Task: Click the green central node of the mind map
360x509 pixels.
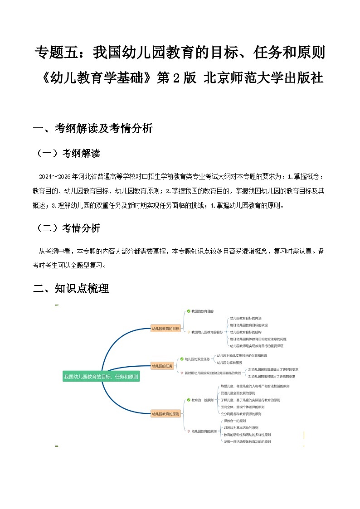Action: point(101,376)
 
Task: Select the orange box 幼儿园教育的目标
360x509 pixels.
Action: point(165,328)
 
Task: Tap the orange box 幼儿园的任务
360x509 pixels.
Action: point(162,365)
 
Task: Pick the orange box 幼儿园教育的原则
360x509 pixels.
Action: point(165,414)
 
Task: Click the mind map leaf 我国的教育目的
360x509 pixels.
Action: point(202,311)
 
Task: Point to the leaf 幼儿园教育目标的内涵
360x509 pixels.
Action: point(246,318)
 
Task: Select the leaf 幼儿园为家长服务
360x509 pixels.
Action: point(229,363)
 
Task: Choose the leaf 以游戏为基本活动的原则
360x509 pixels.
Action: point(241,428)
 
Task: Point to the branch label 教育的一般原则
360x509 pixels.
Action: point(202,400)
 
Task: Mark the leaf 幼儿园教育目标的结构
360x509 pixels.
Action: point(246,332)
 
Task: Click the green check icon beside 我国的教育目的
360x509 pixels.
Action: point(189,311)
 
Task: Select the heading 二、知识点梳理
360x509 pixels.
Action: point(71,288)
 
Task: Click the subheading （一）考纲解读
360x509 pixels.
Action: point(68,154)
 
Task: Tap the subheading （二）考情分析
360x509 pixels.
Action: point(68,228)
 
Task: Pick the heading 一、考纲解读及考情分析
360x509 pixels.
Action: point(93,129)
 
